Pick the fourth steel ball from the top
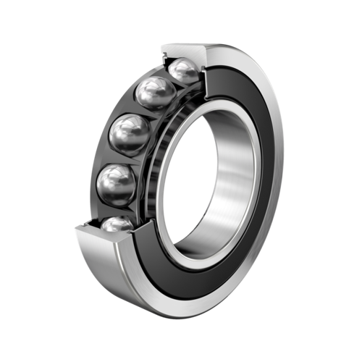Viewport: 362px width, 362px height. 116,183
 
